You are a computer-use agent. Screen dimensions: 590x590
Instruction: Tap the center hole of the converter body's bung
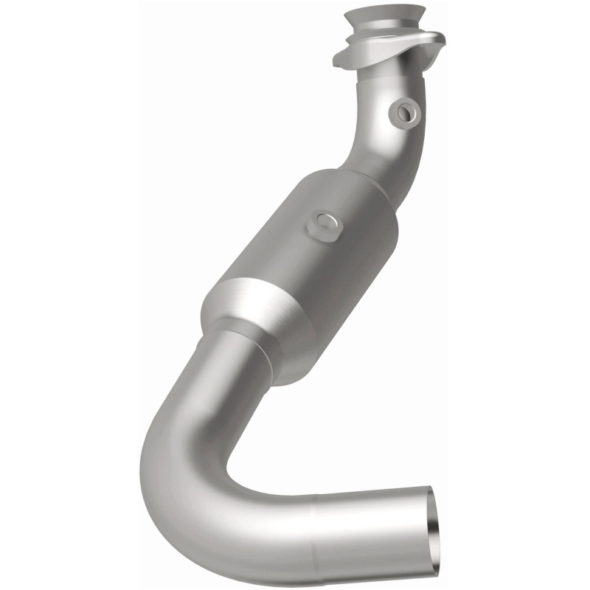[324, 221]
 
